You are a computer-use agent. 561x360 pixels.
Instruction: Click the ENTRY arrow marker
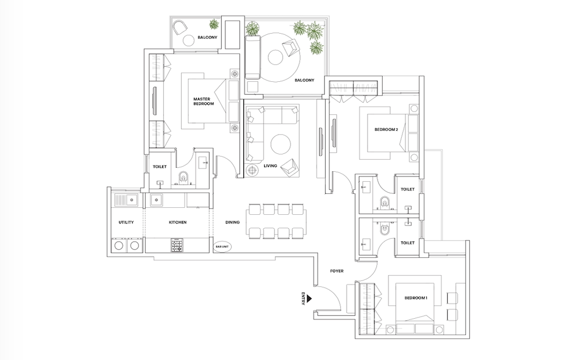pos(310,298)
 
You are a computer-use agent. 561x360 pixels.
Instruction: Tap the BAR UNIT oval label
pos(222,247)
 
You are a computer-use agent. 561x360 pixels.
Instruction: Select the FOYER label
pos(337,271)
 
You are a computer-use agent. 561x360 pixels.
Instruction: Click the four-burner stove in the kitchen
pos(177,245)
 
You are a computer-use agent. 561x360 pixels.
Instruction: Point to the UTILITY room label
pos(126,222)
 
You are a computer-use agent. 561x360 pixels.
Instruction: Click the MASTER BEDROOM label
pos(204,101)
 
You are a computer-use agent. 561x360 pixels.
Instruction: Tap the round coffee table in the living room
pos(280,144)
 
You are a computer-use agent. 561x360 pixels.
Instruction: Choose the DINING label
pos(232,222)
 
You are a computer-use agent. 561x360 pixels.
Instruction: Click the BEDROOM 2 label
pos(386,129)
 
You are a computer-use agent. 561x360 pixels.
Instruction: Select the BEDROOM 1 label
pos(416,298)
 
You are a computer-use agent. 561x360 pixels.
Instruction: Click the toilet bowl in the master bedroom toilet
pos(184,177)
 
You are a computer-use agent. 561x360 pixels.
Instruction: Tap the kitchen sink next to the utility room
pos(156,200)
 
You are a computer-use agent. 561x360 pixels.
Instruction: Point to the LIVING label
pos(271,165)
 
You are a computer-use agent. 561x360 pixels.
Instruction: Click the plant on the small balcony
pos(214,24)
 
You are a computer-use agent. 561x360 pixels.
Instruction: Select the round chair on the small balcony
pos(178,27)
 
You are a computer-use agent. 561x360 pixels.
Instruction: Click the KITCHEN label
pos(178,222)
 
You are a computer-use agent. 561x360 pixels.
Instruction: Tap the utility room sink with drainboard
pos(126,200)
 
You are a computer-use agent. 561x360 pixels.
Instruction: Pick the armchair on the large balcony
pos(290,48)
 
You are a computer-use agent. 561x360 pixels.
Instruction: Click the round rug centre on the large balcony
pos(275,57)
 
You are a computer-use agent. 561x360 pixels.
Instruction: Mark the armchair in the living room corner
pos(289,168)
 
